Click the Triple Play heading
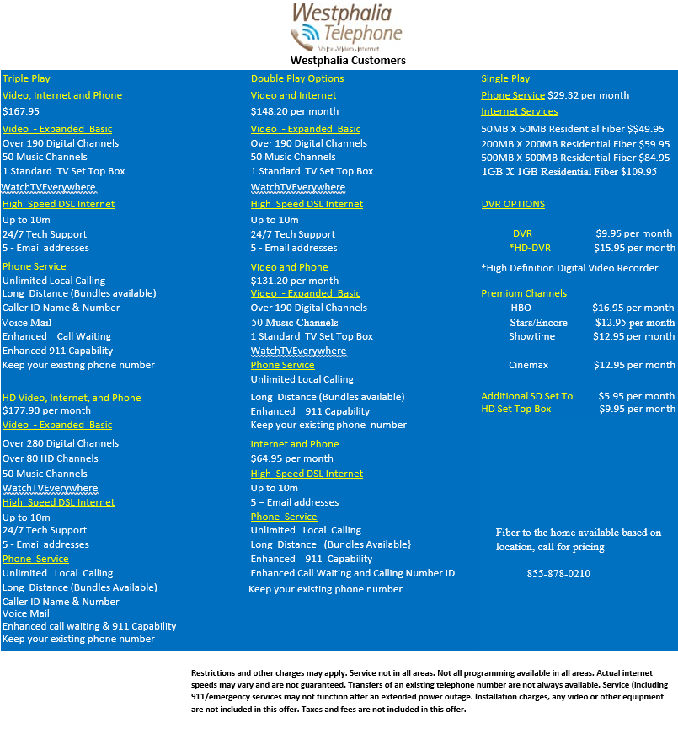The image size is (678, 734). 27,78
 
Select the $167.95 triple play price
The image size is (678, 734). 21,111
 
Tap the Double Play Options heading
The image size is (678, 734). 297,78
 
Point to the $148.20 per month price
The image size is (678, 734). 295,111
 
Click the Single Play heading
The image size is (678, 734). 505,78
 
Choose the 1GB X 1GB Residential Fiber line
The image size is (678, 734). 569,171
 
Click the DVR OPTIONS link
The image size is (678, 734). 513,204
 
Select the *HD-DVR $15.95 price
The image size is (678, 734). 634,248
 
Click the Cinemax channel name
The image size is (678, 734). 528,365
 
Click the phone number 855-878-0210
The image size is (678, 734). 558,574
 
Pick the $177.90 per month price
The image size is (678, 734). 46,410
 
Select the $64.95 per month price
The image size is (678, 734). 291,458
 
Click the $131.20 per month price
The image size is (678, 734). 295,281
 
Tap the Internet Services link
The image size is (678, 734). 520,111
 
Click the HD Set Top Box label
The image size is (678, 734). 516,409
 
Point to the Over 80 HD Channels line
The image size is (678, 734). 51,458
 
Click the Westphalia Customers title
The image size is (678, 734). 348,60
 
